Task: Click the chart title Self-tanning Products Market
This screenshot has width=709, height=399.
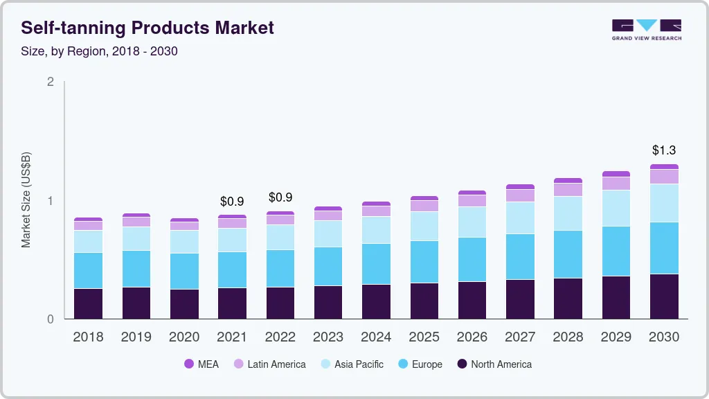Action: point(147,28)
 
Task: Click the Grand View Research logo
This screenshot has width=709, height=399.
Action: point(646,30)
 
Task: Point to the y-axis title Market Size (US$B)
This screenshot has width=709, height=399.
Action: point(26,199)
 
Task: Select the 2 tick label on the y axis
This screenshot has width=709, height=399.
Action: point(50,82)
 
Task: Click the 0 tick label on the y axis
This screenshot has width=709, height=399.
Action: point(50,319)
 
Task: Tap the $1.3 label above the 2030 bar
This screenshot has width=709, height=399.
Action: point(664,150)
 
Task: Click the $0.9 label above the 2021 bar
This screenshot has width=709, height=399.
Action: point(232,202)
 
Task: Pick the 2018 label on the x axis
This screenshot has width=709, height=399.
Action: point(88,337)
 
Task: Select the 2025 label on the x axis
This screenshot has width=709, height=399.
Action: point(424,337)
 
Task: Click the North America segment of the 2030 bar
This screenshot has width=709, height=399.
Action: point(664,296)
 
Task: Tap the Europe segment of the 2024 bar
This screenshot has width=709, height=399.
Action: point(376,264)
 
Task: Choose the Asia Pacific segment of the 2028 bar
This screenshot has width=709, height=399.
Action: point(568,213)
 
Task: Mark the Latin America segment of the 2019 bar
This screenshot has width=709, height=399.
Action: point(136,222)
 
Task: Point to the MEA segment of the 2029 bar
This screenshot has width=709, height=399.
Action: point(616,174)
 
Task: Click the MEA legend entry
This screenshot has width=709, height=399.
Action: point(201,364)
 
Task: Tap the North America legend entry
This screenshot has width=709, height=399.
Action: point(494,364)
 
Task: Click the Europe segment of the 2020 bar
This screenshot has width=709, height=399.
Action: point(184,272)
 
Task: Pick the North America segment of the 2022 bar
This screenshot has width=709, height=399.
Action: point(280,303)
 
